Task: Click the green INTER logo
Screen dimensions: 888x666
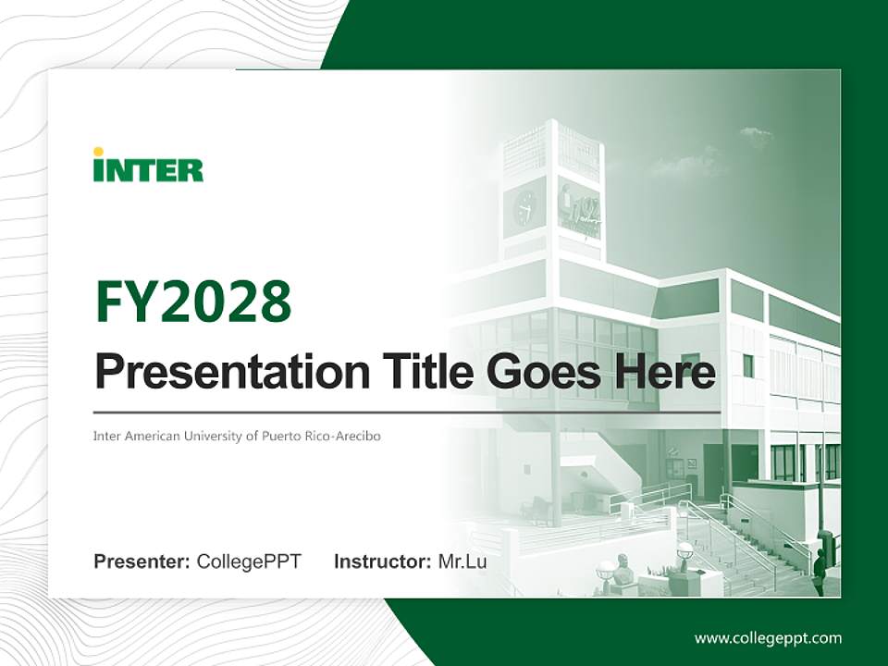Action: coord(148,166)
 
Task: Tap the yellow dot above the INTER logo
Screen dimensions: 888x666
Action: coord(99,152)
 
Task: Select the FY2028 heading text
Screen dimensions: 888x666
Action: coord(193,302)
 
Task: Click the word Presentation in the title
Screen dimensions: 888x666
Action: coord(232,372)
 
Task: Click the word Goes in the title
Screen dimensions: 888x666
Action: coord(544,372)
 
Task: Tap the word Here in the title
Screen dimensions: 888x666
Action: coord(664,372)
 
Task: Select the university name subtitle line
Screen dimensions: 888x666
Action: coord(237,436)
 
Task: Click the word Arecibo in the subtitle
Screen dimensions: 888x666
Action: coord(359,436)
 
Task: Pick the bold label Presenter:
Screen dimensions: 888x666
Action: coord(142,561)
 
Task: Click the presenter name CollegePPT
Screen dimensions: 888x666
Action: coord(249,561)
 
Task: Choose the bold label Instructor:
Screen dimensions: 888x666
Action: coord(383,561)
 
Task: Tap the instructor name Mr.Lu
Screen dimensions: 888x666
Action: coord(462,561)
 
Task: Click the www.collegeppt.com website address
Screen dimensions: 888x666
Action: coord(768,638)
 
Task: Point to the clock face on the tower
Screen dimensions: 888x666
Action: coord(525,208)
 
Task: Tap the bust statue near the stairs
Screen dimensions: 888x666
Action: coord(623,570)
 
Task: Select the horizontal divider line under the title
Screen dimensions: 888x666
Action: coord(407,413)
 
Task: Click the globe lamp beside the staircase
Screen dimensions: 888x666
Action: coord(684,550)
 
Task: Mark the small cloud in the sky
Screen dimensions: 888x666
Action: coord(757,135)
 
